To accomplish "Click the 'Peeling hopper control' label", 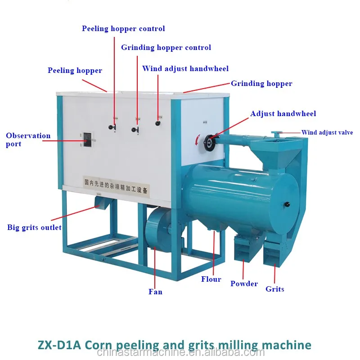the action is [123, 29].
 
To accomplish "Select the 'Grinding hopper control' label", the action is [166, 48].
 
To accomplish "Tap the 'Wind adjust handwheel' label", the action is [185, 69].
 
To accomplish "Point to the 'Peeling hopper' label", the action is [75, 71].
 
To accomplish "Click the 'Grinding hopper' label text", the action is [261, 84].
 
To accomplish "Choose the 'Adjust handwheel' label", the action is [283, 114].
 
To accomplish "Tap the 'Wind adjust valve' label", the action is [327, 133].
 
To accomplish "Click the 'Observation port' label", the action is [28, 139].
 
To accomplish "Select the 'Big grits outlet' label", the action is [34, 227].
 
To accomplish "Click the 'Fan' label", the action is [155, 292].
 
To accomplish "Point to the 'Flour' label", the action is [211, 279].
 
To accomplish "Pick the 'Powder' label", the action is [244, 284].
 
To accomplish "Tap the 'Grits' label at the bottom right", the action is [274, 289].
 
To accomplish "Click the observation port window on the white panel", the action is [88, 140].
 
